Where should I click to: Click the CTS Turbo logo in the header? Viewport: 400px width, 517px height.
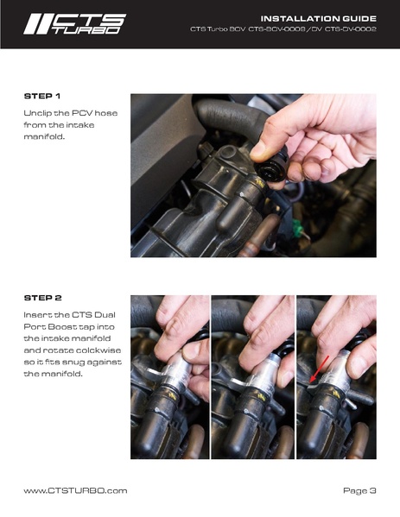pos(74,23)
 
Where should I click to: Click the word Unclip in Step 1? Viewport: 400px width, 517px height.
pos(38,113)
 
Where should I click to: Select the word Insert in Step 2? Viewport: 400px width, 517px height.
pos(38,315)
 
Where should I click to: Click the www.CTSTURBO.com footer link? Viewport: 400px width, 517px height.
pos(75,490)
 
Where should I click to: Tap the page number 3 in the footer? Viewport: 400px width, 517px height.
pos(372,490)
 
